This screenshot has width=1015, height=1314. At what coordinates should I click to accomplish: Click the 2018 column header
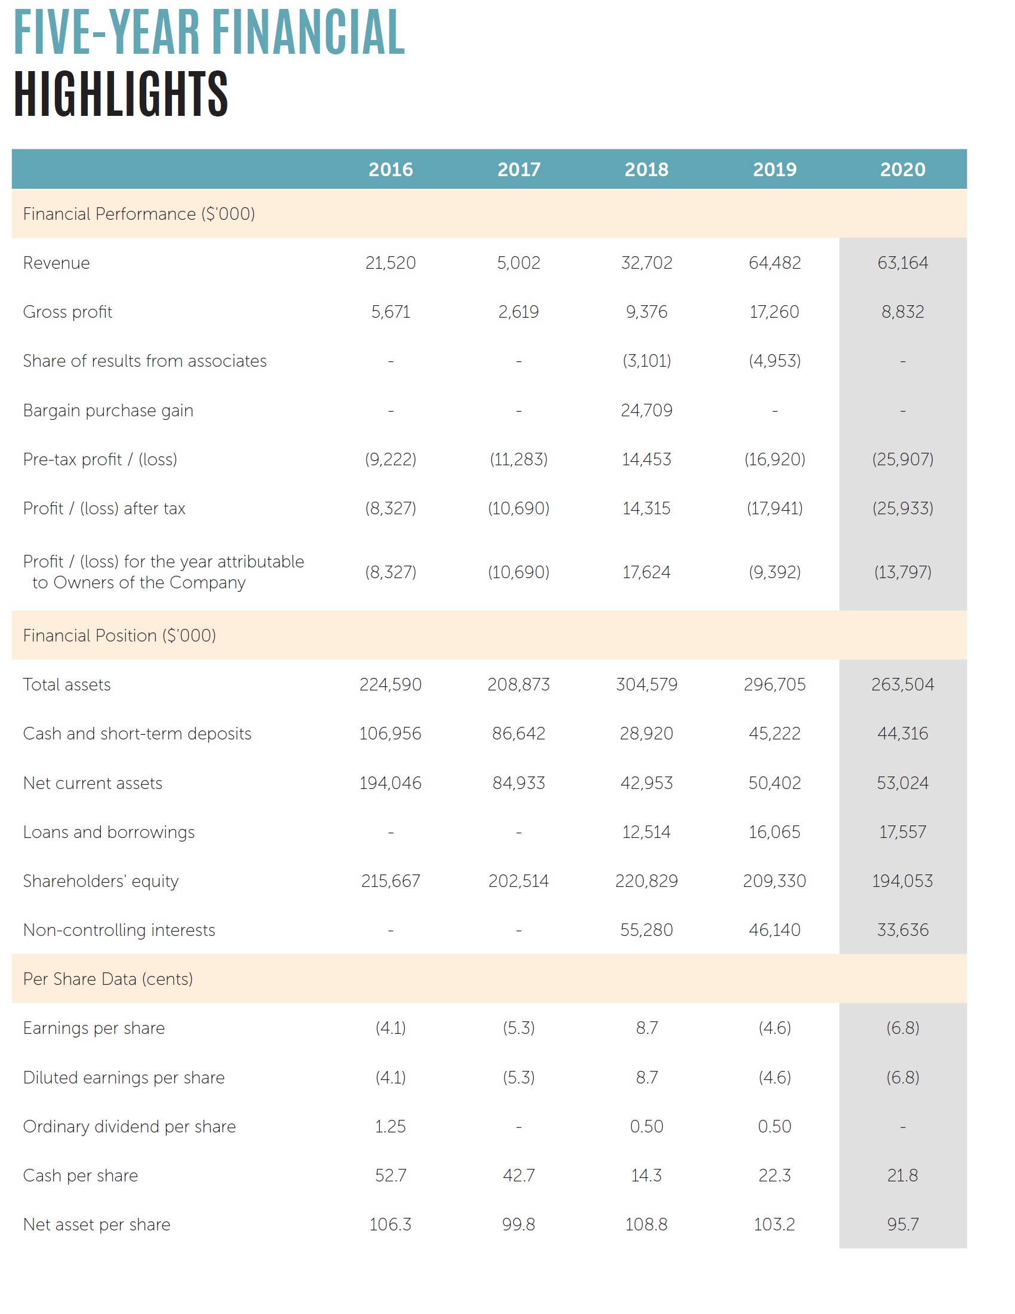click(x=647, y=170)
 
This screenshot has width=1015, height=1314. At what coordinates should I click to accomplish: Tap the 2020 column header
click(x=902, y=170)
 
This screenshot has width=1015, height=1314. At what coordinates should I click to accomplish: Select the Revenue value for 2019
click(x=774, y=263)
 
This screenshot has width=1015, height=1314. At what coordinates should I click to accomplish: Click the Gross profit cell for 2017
click(x=518, y=312)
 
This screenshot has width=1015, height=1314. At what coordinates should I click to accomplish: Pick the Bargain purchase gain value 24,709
click(x=647, y=410)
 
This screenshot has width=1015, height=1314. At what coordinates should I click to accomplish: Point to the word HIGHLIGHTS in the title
click(x=121, y=94)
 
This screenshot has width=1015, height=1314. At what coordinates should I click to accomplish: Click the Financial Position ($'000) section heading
click(x=119, y=635)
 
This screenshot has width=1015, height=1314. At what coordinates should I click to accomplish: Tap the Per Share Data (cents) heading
click(x=107, y=979)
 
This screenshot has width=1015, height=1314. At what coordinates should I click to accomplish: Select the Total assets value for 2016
click(x=390, y=684)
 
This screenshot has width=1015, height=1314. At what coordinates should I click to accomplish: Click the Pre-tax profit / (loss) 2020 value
click(x=902, y=460)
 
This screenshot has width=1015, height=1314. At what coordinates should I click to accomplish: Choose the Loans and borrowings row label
click(x=109, y=832)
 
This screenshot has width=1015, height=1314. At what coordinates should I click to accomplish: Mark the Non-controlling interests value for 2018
click(x=647, y=930)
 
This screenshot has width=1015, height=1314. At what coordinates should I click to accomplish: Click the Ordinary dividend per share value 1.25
click(x=390, y=1126)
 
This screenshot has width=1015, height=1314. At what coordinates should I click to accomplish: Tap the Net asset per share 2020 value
click(x=902, y=1224)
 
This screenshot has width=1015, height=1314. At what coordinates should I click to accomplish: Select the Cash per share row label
click(x=81, y=1175)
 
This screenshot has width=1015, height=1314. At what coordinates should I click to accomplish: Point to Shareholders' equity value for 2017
click(x=518, y=881)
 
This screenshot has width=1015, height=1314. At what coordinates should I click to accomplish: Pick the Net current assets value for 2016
click(x=390, y=783)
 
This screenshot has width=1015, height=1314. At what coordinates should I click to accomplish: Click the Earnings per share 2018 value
click(x=647, y=1028)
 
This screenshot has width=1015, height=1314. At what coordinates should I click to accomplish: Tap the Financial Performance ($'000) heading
click(x=139, y=214)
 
